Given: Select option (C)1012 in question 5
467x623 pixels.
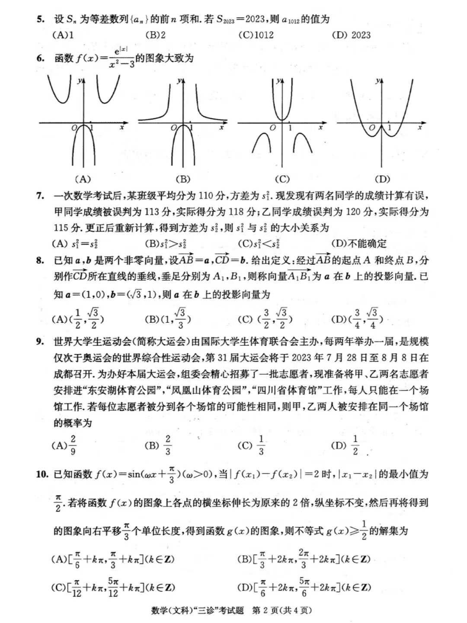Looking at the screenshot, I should coord(256,35).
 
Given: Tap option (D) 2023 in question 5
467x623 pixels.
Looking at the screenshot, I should coord(351,35).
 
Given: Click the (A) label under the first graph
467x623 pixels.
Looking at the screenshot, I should coord(82,179).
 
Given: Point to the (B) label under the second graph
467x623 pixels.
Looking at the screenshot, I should coord(183,179).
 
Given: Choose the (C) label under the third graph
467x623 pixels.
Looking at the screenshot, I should coord(282,179).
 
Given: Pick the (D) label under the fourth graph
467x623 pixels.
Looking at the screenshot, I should coord(382,179).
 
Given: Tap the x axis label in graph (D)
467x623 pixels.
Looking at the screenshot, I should coord(419,128).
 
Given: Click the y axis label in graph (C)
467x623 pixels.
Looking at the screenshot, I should coord(279,81).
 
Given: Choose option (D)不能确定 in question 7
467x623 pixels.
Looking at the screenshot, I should coord(359,244).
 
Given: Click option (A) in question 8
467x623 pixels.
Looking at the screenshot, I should coord(78,319).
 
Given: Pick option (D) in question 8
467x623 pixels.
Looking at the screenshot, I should coord(357,319).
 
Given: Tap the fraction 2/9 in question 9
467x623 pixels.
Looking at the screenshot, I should coord(73,445).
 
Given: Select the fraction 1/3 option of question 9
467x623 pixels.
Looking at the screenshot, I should coord(261,445).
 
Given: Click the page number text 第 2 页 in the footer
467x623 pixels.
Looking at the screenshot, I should coord(265,611).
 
